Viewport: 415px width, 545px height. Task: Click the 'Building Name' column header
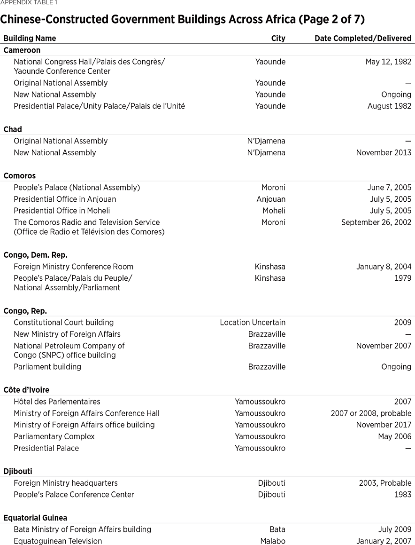point(30,39)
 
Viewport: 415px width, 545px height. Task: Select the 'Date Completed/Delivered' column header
point(363,39)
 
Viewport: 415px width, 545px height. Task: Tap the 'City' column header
point(278,39)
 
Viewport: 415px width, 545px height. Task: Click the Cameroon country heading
point(22,50)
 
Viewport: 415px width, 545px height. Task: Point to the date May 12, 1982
point(388,62)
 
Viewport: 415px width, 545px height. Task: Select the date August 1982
point(389,106)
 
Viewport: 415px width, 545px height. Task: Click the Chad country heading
point(13,129)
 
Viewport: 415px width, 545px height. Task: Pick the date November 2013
point(384,152)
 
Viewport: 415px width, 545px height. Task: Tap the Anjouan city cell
point(271,199)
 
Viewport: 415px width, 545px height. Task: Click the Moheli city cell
point(274,211)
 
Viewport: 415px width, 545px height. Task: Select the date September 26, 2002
point(376,222)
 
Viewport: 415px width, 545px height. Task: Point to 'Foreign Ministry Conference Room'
point(73,267)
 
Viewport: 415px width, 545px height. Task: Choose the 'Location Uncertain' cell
point(253,323)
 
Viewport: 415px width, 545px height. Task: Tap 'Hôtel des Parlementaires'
point(57,402)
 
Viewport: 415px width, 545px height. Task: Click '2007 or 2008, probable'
point(371,413)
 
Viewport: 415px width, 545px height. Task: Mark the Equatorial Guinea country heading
point(35,518)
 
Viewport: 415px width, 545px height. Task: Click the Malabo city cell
point(273,541)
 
